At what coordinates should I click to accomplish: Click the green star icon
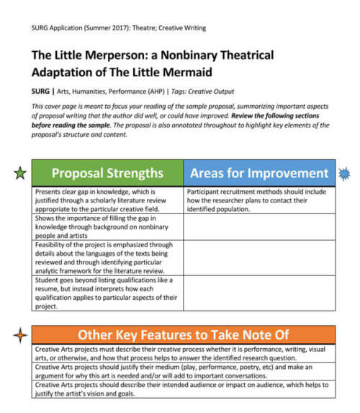click(x=20, y=173)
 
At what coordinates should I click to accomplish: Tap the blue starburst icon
click(x=344, y=173)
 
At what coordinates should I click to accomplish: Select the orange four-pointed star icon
click(x=20, y=334)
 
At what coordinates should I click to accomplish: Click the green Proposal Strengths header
click(x=107, y=173)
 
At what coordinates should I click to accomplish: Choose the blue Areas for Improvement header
click(x=258, y=173)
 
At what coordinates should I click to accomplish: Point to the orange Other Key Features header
click(x=184, y=334)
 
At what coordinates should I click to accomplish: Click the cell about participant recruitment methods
click(x=258, y=200)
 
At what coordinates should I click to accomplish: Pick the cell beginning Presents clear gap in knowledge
click(x=107, y=200)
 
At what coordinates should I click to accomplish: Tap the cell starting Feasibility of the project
click(x=107, y=257)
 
